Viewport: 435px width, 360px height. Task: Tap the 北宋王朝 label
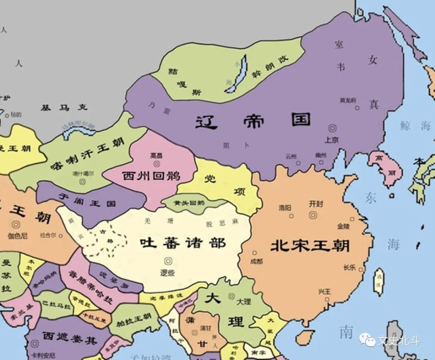pyautogui.click(x=310, y=246)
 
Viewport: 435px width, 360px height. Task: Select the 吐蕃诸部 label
pyautogui.click(x=183, y=243)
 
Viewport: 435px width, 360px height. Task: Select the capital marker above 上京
pyautogui.click(x=333, y=128)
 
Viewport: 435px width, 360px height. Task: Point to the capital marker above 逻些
pyautogui.click(x=167, y=261)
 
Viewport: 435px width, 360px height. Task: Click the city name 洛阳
pyautogui.click(x=285, y=208)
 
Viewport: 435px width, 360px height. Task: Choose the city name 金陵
pyautogui.click(x=343, y=226)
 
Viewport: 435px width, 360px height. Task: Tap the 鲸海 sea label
pyautogui.click(x=415, y=126)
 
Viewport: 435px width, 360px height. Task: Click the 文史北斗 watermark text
pyautogui.click(x=398, y=340)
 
